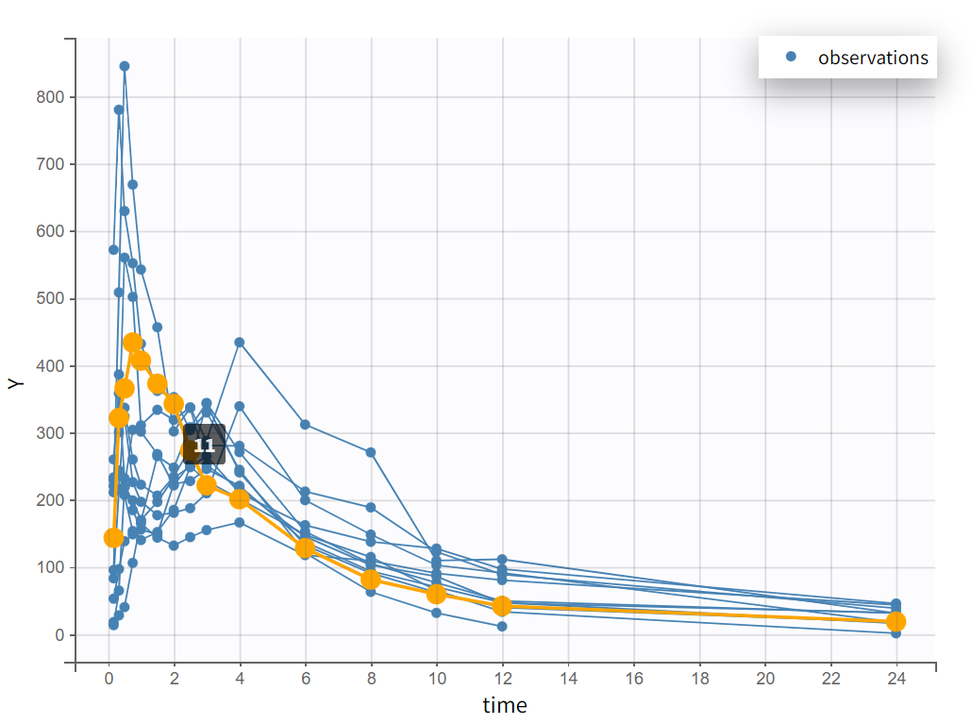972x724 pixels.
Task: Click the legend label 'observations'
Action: coord(873,58)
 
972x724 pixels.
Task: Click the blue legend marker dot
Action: coord(791,57)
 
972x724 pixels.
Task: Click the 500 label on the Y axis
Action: coord(52,299)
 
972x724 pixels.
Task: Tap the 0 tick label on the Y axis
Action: coord(59,635)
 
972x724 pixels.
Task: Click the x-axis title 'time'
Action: coord(505,705)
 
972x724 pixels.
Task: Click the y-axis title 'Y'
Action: coord(14,383)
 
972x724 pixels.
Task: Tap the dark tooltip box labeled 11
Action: coord(205,445)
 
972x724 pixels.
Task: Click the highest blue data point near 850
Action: coord(125,66)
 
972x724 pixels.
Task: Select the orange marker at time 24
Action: coord(897,621)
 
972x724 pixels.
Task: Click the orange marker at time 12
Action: coord(502,606)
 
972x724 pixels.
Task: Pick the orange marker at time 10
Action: coord(436,594)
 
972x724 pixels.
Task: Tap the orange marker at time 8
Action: coord(371,580)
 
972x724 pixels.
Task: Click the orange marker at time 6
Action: coord(305,547)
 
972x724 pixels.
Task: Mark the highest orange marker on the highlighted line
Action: coord(133,343)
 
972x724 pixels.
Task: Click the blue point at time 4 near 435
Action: coord(240,342)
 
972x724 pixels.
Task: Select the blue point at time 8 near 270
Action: coord(371,452)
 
